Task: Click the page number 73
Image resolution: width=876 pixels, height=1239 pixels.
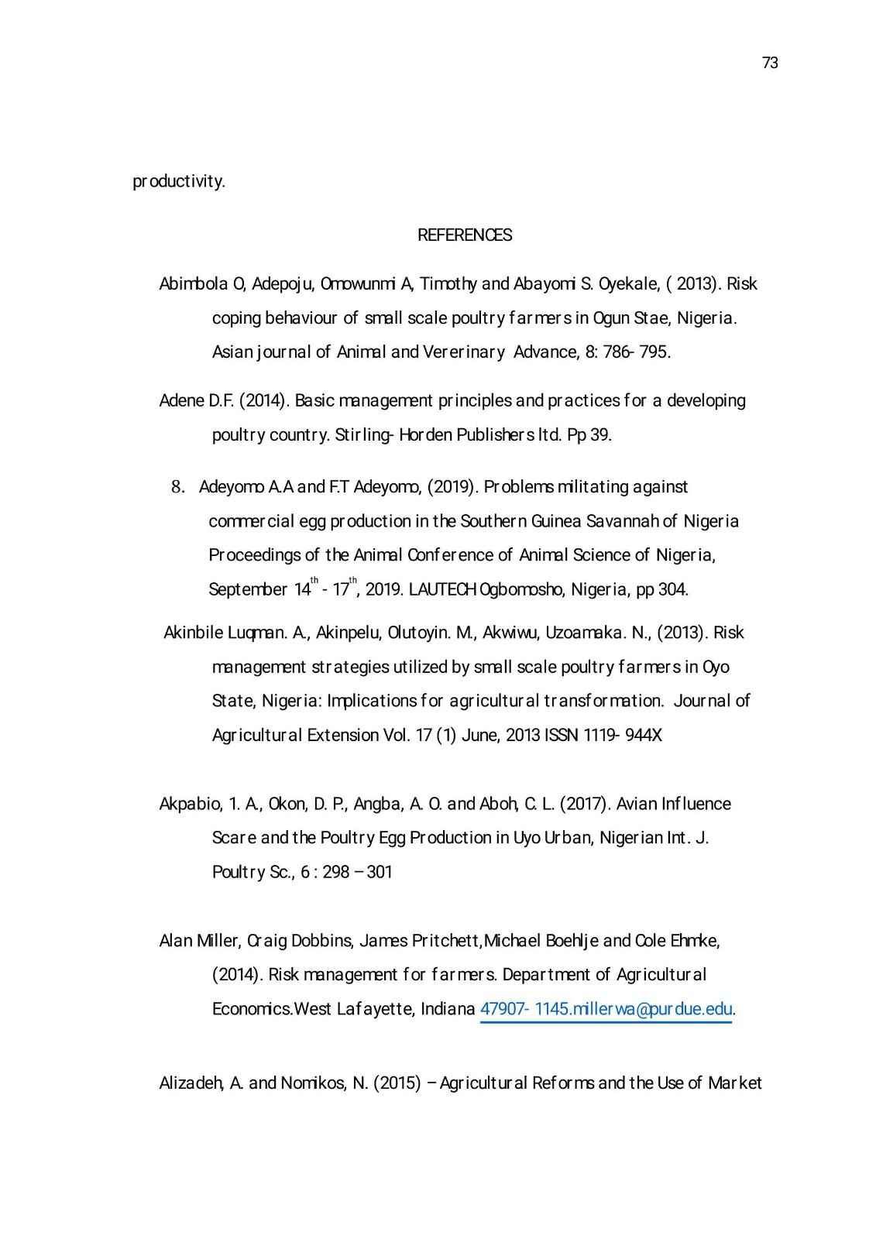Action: pyautogui.click(x=770, y=63)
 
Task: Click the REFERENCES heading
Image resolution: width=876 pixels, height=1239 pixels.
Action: pyautogui.click(x=465, y=235)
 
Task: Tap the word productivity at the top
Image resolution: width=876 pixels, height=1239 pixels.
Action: pyautogui.click(x=179, y=182)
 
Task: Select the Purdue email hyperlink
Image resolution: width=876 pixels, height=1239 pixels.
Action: pyautogui.click(x=606, y=1009)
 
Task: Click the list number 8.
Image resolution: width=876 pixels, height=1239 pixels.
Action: pyautogui.click(x=177, y=487)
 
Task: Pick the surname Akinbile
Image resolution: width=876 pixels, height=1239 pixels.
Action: pyautogui.click(x=194, y=633)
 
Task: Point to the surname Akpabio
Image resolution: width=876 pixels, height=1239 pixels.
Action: pyautogui.click(x=190, y=804)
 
